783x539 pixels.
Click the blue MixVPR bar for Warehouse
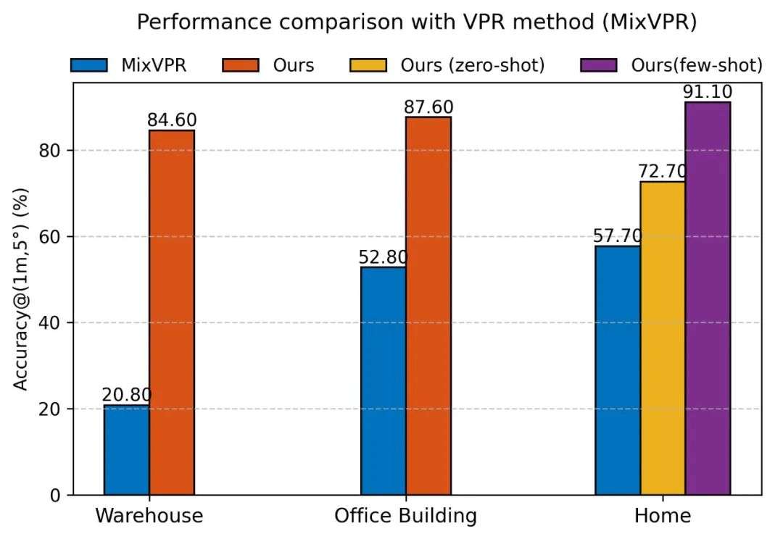coord(126,450)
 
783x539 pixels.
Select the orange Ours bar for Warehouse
coord(172,312)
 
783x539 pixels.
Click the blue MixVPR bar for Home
coord(618,370)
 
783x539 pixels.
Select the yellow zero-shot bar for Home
coord(663,338)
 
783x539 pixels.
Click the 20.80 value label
coord(127,396)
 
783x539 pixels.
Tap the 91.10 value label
coord(708,93)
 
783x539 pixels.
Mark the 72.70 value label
coord(663,172)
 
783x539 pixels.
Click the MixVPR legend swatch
coord(89,65)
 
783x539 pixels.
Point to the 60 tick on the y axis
coord(58,237)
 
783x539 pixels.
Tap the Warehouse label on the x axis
coord(149,516)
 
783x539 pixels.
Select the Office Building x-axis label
coord(405,516)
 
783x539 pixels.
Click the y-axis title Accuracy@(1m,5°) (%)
coord(22,290)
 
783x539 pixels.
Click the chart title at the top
coord(417,22)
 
